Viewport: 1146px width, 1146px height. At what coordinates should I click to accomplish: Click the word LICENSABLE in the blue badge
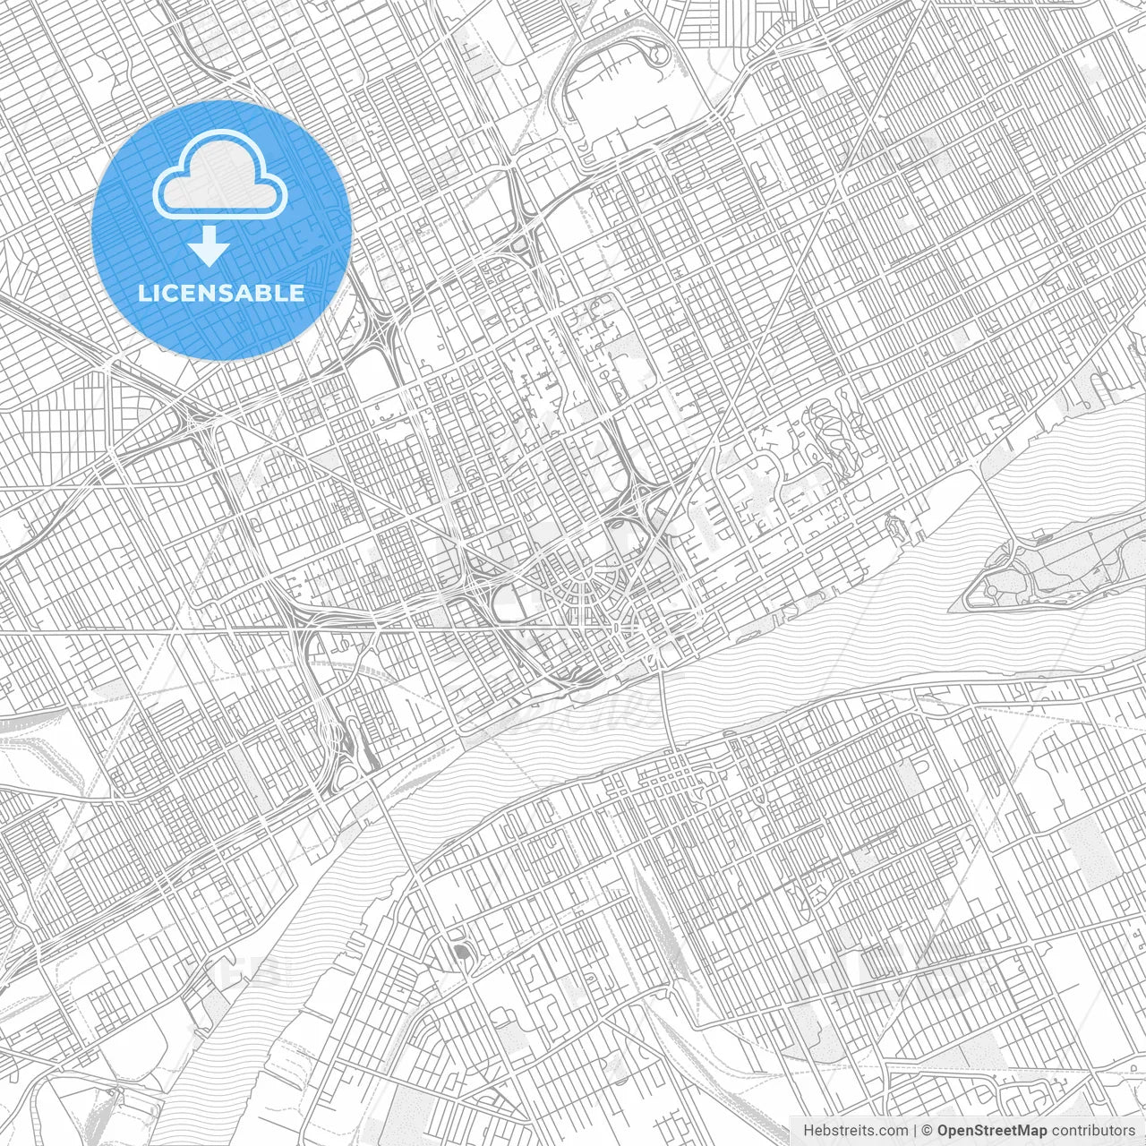220,294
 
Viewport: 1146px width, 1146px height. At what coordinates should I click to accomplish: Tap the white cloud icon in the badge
220,179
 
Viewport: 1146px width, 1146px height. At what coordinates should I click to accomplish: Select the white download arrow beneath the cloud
210,247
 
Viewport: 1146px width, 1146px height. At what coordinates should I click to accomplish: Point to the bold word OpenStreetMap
992,1131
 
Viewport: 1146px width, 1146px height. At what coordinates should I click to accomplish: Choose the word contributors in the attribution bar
1092,1131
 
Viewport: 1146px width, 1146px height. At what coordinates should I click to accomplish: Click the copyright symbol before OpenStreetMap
928,1131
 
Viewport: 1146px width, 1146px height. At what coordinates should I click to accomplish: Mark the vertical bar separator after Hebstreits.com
915,1131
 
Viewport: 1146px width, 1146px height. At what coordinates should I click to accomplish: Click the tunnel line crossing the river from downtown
663,698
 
